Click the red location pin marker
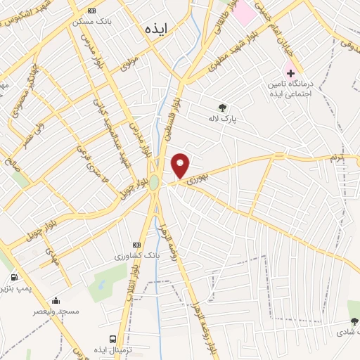point(181,166)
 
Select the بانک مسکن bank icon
point(91,11)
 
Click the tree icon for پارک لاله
point(223,108)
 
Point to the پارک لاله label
point(223,120)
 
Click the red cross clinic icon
point(290,73)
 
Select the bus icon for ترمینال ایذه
point(113,337)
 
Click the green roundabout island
point(154,182)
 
